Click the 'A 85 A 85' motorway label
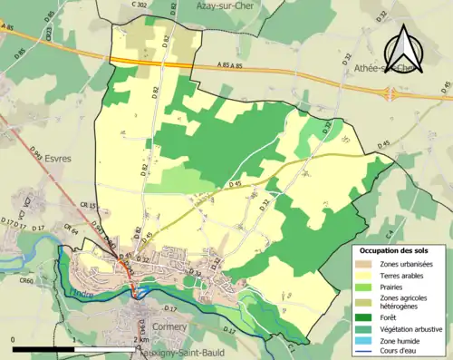pos(236,65)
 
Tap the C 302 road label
pos(138,5)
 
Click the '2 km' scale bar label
pos(138,339)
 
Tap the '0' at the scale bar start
pos(13,339)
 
